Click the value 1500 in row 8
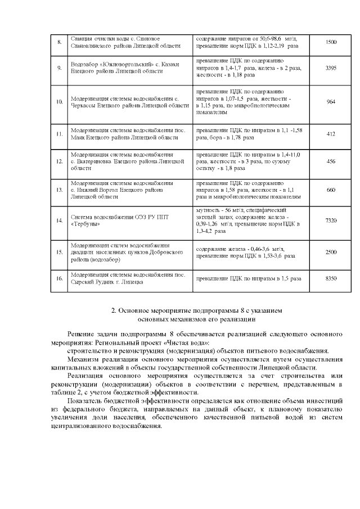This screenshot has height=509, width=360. (331, 42)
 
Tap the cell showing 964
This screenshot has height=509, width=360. (331, 102)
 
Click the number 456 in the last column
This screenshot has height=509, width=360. (331, 161)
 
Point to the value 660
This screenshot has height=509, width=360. (331, 190)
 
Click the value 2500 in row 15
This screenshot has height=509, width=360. (331, 252)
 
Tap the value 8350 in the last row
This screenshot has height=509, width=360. (331, 278)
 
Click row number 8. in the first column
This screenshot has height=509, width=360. (59, 42)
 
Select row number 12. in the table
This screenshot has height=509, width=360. (59, 161)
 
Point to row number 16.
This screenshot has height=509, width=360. (59, 278)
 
